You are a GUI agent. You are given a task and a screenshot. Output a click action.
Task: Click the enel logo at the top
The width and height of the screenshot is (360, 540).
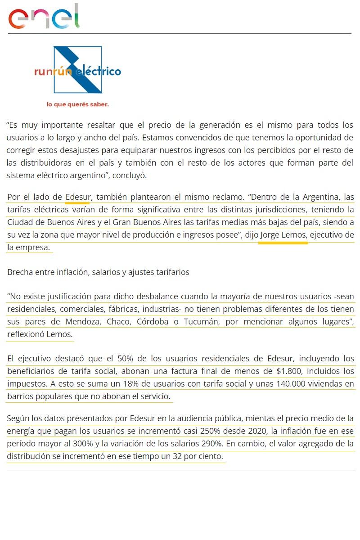[x=44, y=17]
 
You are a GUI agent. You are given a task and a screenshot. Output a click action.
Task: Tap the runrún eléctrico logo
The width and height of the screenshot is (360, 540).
[x=78, y=71]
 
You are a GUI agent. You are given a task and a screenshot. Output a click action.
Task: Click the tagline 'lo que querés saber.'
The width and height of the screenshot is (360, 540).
[x=78, y=104]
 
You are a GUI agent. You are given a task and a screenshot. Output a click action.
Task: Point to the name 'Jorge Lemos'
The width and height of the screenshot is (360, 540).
[x=283, y=235]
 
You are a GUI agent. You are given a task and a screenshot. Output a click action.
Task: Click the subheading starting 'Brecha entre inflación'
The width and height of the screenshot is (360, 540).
[x=98, y=272]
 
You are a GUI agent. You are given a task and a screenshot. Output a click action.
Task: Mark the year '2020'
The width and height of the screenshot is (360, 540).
[x=258, y=431]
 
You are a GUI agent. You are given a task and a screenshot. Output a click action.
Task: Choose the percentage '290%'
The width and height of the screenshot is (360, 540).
[x=211, y=443]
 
